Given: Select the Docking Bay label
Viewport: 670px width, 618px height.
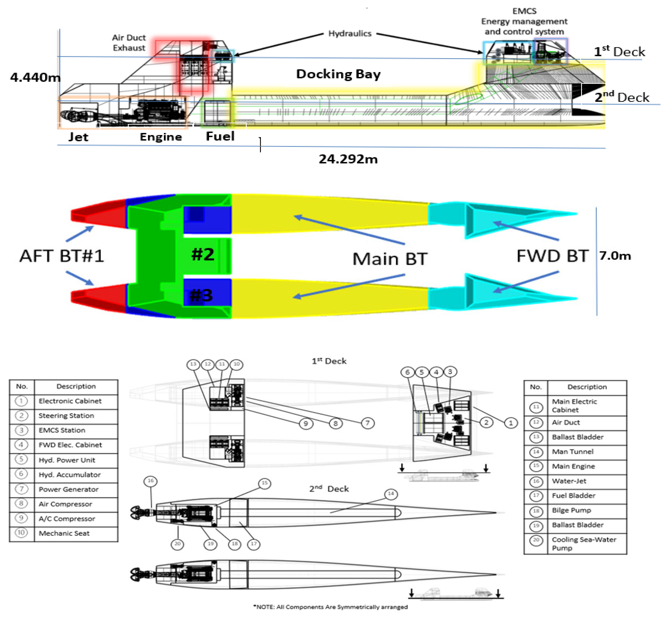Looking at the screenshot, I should (338, 74).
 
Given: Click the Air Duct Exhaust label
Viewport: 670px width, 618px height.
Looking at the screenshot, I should (129, 43).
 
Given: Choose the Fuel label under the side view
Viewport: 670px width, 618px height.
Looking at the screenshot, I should (220, 136).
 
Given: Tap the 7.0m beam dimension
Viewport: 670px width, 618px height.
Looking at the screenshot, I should (615, 256).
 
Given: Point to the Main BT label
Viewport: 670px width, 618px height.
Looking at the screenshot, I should (390, 259).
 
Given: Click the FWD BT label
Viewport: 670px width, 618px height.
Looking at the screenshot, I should (552, 256).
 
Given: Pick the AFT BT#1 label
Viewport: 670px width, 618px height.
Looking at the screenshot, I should (62, 256).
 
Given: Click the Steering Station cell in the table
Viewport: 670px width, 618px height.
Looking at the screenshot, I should (66, 416).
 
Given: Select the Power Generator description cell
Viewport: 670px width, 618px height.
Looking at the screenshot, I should (68, 489).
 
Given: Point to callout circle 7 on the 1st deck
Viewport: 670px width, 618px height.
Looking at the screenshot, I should (368, 423).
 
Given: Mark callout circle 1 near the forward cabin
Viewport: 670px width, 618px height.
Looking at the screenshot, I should (511, 423).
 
